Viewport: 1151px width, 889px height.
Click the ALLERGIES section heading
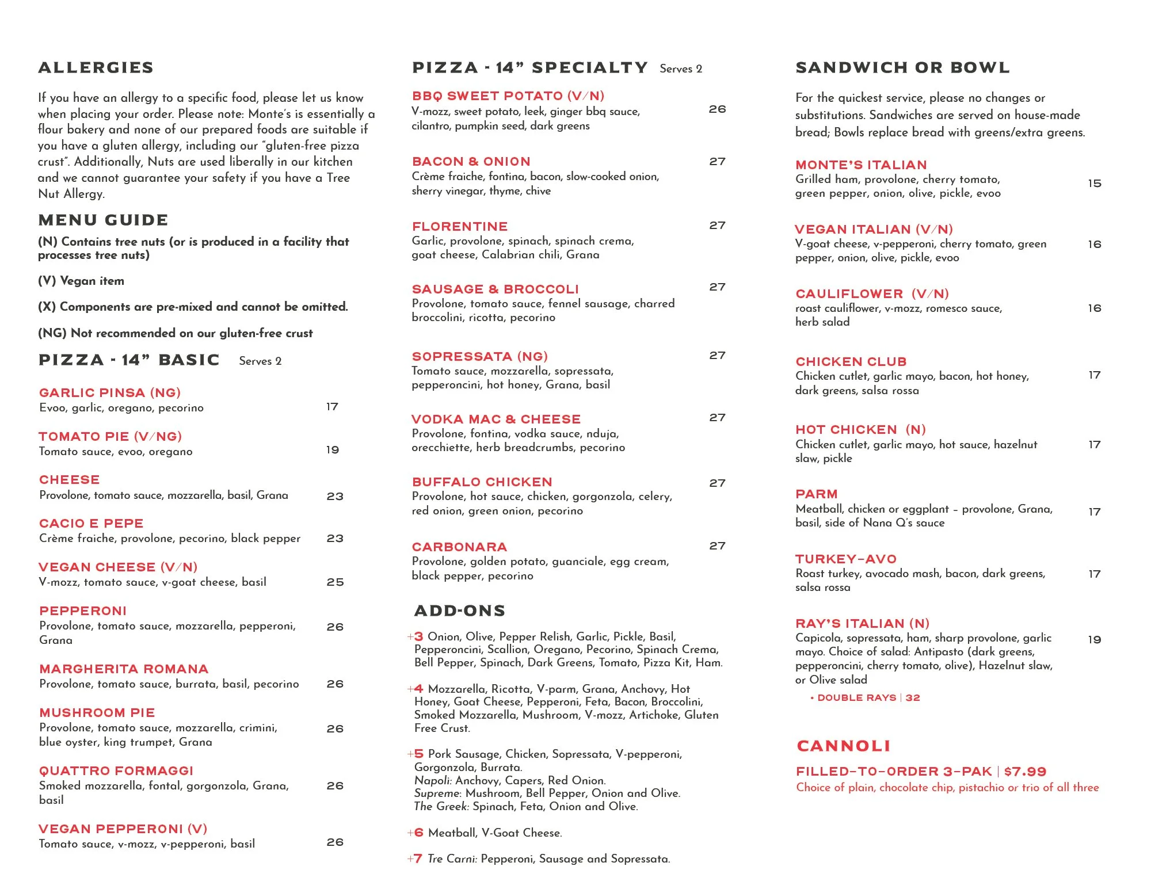pyautogui.click(x=96, y=68)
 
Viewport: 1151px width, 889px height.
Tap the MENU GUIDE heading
pyautogui.click(x=103, y=220)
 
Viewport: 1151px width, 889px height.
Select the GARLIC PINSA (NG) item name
pyautogui.click(x=110, y=393)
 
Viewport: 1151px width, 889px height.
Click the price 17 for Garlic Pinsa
pyautogui.click(x=332, y=407)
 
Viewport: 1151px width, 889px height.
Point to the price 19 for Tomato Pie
pyautogui.click(x=333, y=450)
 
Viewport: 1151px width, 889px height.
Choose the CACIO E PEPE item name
pyautogui.click(x=92, y=524)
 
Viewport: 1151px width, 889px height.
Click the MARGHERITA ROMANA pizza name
pyautogui.click(x=124, y=669)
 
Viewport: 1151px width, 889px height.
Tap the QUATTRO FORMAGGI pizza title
pyautogui.click(x=116, y=771)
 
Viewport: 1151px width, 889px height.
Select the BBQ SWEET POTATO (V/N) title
pyautogui.click(x=508, y=96)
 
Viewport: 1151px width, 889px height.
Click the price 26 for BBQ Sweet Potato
pyautogui.click(x=717, y=109)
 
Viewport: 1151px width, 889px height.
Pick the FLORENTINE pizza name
pyautogui.click(x=460, y=227)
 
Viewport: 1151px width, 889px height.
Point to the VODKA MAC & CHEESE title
pyautogui.click(x=496, y=419)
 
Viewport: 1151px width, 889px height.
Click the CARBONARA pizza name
pyautogui.click(x=459, y=547)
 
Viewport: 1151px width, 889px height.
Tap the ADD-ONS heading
pyautogui.click(x=460, y=611)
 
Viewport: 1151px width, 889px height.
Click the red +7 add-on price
pyautogui.click(x=416, y=859)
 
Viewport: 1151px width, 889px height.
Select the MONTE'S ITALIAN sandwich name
pyautogui.click(x=861, y=165)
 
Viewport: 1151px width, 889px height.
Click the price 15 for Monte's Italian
pyautogui.click(x=1094, y=184)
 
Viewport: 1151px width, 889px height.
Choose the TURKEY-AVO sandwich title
pyautogui.click(x=846, y=559)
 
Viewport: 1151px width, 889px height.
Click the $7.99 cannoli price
pyautogui.click(x=1025, y=772)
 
